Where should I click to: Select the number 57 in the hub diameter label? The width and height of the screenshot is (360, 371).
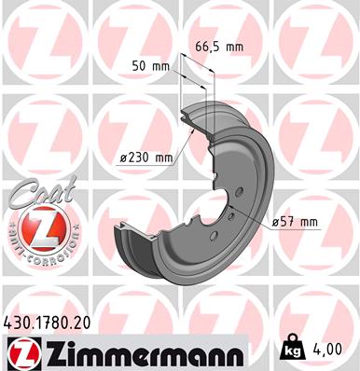tap(291, 221)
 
